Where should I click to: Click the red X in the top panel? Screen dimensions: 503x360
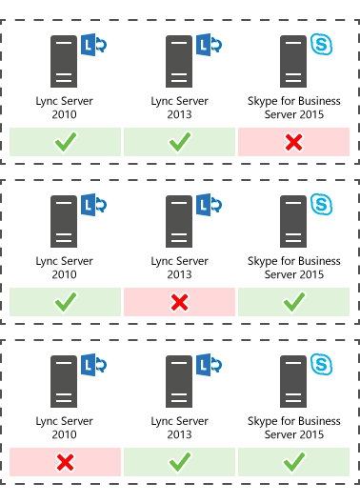(x=293, y=142)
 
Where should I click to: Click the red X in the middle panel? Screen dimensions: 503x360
(x=180, y=302)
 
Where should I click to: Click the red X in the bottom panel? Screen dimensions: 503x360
(x=66, y=463)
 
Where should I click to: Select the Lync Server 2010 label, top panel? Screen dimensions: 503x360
(x=66, y=108)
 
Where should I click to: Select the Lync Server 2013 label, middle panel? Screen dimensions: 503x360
(x=180, y=268)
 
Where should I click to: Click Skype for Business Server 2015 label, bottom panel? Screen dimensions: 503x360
(x=293, y=428)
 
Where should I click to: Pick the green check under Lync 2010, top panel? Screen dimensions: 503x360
(x=66, y=142)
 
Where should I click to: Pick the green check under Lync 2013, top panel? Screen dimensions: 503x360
(x=180, y=142)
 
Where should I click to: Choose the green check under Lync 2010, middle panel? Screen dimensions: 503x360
(x=66, y=302)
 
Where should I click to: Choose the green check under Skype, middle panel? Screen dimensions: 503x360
(x=293, y=302)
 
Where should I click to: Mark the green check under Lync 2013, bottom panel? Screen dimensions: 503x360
(x=180, y=463)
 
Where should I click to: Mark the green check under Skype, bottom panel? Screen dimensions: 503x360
(x=293, y=463)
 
